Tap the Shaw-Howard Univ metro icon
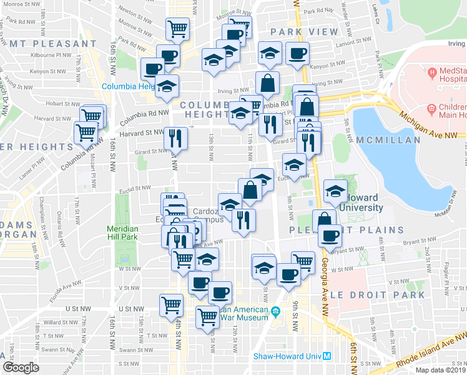326,357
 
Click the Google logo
21,367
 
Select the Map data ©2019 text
440,370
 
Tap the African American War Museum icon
275,311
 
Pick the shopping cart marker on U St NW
171,305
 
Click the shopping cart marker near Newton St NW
177,28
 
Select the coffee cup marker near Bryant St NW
330,235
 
